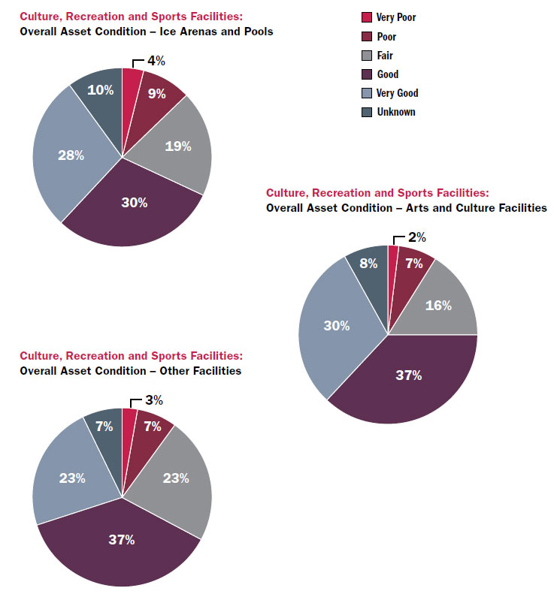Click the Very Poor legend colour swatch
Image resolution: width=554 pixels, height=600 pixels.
pyautogui.click(x=367, y=17)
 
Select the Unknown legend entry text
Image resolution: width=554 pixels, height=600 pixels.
pyautogui.click(x=395, y=112)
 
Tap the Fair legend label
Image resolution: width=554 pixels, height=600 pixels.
pyautogui.click(x=385, y=56)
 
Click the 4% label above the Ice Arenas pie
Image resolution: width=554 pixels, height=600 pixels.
pyautogui.click(x=156, y=61)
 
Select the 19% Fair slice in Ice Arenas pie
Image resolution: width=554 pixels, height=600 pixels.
pyautogui.click(x=177, y=146)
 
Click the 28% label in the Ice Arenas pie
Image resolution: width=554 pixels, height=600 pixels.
pyautogui.click(x=71, y=155)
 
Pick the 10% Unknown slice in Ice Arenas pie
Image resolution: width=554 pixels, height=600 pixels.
pyautogui.click(x=100, y=90)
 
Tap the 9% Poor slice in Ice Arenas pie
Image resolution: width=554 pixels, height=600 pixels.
pyautogui.click(x=156, y=95)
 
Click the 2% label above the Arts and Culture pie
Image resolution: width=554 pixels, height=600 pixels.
pyautogui.click(x=416, y=238)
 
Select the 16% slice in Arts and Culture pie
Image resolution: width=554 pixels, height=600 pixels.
pyautogui.click(x=438, y=305)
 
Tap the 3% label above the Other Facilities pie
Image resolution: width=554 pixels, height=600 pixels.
pyautogui.click(x=153, y=401)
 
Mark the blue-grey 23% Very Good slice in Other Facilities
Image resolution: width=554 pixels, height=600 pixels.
pyautogui.click(x=72, y=478)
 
